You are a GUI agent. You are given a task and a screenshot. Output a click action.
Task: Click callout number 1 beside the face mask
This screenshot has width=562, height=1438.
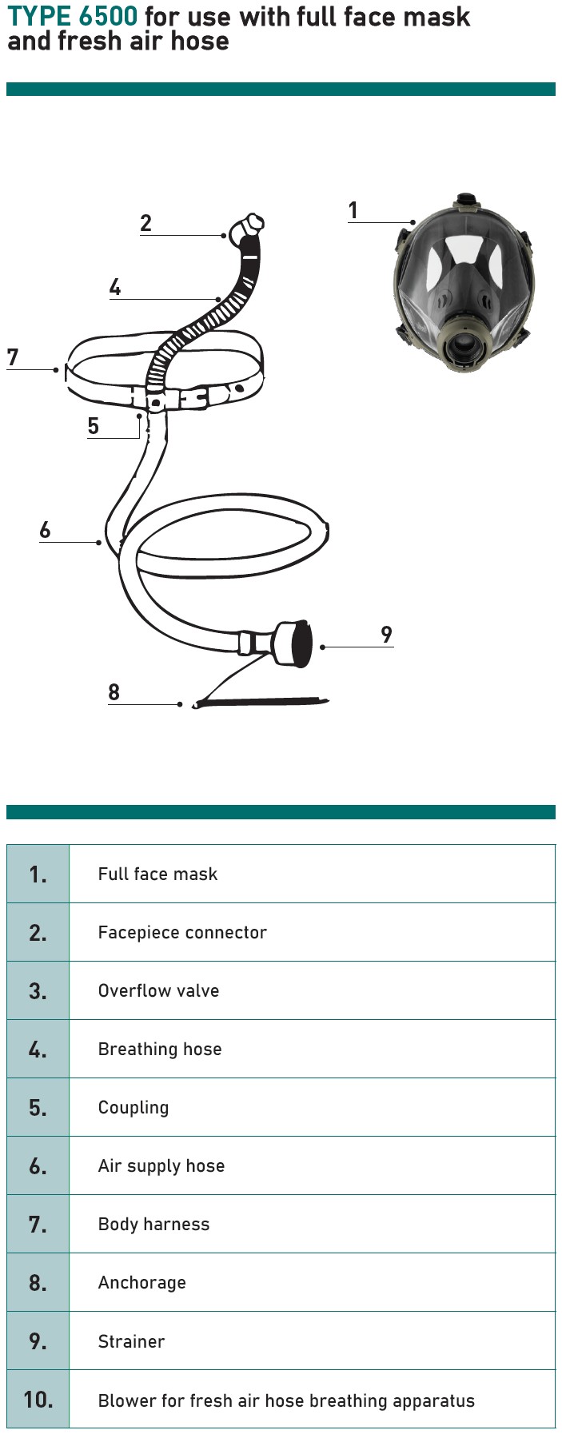pos(353,210)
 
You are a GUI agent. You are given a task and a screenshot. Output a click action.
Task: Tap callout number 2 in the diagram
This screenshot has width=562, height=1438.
pos(145,223)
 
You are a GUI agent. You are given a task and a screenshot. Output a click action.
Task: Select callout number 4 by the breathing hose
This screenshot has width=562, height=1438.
pos(115,287)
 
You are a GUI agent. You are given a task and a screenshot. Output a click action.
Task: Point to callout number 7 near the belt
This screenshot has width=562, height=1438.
pos(12,357)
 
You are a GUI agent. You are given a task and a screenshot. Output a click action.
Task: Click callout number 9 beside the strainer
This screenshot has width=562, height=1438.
pos(387,635)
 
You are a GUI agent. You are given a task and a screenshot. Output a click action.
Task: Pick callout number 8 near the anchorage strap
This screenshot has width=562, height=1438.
pos(114,692)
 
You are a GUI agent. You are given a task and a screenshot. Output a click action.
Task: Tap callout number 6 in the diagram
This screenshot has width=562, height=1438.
pos(45,530)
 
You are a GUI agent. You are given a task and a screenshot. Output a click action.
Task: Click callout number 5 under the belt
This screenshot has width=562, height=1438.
pos(94,426)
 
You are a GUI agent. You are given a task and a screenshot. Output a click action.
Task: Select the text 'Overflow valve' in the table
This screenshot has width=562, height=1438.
pos(158,990)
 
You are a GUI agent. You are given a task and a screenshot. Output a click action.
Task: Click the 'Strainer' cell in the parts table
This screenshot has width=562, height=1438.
pos(131,1341)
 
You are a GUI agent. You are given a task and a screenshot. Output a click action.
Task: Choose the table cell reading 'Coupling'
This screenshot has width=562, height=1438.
pos(134,1108)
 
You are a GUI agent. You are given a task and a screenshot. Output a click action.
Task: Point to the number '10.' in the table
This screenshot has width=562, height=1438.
pos(38,1400)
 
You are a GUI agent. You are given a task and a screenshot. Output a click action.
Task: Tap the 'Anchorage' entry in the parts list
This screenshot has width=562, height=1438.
pos(142,1283)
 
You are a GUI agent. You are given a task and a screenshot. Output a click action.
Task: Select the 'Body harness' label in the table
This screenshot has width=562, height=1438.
pos(153,1225)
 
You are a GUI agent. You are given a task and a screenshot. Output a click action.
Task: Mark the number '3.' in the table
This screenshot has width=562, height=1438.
pos(38,991)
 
